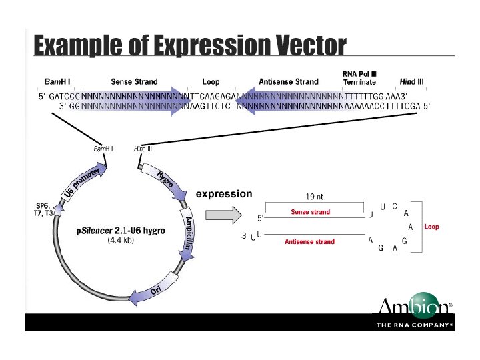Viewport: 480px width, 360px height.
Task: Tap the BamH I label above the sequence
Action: tap(57, 81)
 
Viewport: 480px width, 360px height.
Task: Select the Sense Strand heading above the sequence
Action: tap(134, 81)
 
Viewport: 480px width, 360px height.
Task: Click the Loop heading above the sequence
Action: tap(211, 81)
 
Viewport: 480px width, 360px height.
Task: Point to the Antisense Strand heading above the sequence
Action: tap(289, 81)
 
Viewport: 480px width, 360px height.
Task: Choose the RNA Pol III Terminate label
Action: tap(359, 78)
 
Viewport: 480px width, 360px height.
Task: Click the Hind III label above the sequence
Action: tap(411, 81)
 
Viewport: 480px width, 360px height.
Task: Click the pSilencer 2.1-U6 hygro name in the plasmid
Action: tap(121, 231)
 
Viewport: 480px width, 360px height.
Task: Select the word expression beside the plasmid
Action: tap(224, 194)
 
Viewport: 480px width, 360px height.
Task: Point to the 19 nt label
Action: tap(314, 197)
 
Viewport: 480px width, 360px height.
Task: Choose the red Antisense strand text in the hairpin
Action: tap(309, 241)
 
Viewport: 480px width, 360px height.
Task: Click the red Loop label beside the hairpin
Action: tap(431, 227)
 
